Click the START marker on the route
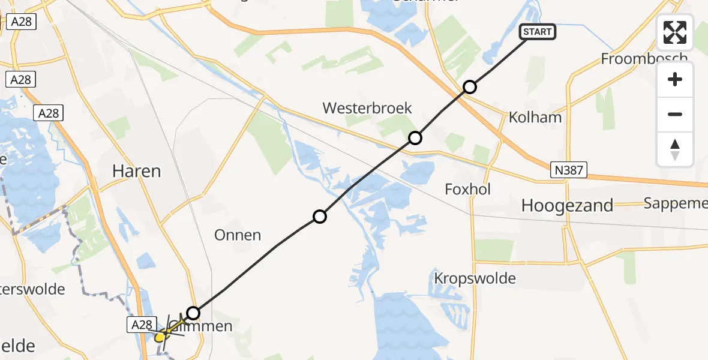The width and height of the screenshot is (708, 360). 538,32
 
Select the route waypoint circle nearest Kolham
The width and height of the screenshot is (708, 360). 470,88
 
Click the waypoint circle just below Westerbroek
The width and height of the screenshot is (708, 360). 415,139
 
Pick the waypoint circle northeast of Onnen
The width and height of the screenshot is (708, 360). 320,217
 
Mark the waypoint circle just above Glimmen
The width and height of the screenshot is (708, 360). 193,313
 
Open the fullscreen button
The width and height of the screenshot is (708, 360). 675,32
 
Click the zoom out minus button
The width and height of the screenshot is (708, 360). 675,114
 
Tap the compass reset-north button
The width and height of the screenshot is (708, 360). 675,149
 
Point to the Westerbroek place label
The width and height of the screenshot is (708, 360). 367,108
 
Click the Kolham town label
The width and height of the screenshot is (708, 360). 535,116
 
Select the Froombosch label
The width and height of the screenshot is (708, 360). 644,59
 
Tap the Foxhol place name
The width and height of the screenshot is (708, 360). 468,190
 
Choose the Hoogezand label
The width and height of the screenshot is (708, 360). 567,206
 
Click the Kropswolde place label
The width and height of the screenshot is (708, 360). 475,278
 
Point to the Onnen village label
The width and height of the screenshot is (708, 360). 238,235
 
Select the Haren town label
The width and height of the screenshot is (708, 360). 137,171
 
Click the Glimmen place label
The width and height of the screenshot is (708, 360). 207,327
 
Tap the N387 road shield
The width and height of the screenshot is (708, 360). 568,170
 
